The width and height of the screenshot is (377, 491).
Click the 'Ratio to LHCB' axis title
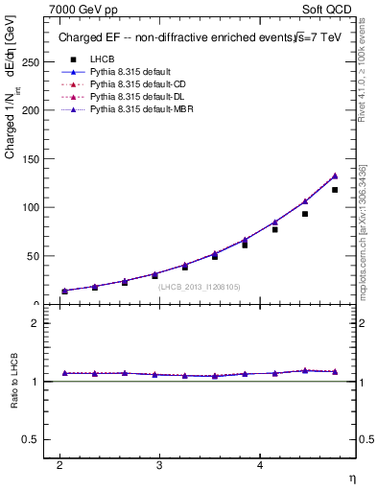point(14,382)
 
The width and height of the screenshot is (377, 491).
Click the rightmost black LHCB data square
point(335,190)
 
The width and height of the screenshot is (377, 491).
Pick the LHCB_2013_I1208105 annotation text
point(199,286)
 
